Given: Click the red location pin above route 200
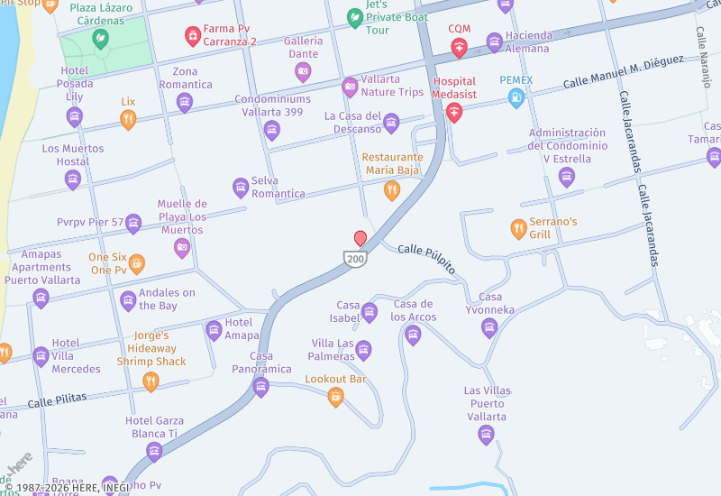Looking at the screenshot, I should pyautogui.click(x=360, y=238).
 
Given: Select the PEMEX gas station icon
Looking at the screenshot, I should pyautogui.click(x=516, y=98).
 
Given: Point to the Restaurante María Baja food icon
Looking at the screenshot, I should pyautogui.click(x=391, y=189).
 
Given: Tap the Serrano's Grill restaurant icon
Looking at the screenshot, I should pyautogui.click(x=518, y=228).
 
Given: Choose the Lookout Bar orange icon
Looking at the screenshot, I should pyautogui.click(x=335, y=396).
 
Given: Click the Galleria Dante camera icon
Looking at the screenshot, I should pyautogui.click(x=303, y=71).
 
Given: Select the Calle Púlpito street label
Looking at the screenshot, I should pyautogui.click(x=426, y=259).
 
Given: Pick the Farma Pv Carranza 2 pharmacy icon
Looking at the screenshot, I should pyautogui.click(x=192, y=36).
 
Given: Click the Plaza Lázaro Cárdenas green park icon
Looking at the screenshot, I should pyautogui.click(x=100, y=39).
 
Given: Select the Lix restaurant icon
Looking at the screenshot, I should pyautogui.click(x=128, y=119).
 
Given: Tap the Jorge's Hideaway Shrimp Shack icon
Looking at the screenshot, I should pyautogui.click(x=151, y=381).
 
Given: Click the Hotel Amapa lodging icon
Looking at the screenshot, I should pyautogui.click(x=214, y=330).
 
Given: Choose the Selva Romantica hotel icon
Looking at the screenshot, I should pyautogui.click(x=241, y=188).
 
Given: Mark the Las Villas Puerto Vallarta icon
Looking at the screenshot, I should pyautogui.click(x=487, y=436).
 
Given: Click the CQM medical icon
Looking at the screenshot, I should pyautogui.click(x=460, y=48).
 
